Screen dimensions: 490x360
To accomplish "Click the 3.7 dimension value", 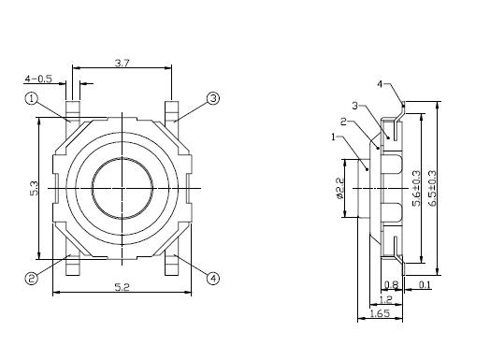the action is click(x=122, y=64).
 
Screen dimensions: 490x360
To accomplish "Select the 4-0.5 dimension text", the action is click(x=38, y=79).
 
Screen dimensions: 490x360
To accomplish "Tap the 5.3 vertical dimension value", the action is click(x=34, y=189).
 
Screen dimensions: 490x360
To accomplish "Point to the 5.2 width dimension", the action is click(x=122, y=287).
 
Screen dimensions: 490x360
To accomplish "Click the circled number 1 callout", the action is click(x=31, y=99).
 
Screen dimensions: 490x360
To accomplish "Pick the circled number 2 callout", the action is click(x=31, y=278).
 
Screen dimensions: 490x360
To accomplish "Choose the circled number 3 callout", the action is click(x=213, y=99).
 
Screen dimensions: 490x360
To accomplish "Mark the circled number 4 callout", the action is click(x=213, y=278).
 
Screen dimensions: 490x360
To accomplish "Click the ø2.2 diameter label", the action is click(x=339, y=188).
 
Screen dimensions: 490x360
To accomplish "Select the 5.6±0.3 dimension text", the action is click(x=416, y=189).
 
